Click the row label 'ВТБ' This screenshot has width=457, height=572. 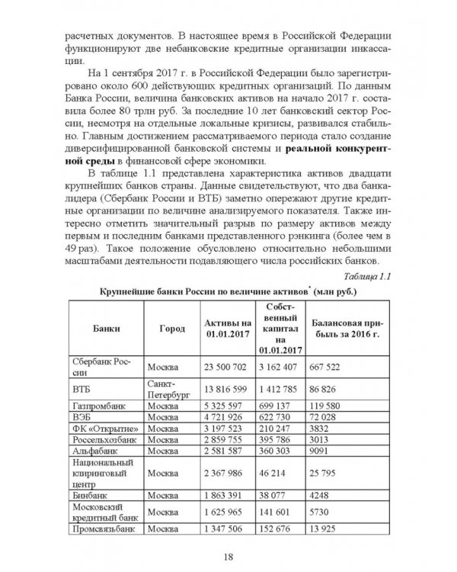tap(81, 388)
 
